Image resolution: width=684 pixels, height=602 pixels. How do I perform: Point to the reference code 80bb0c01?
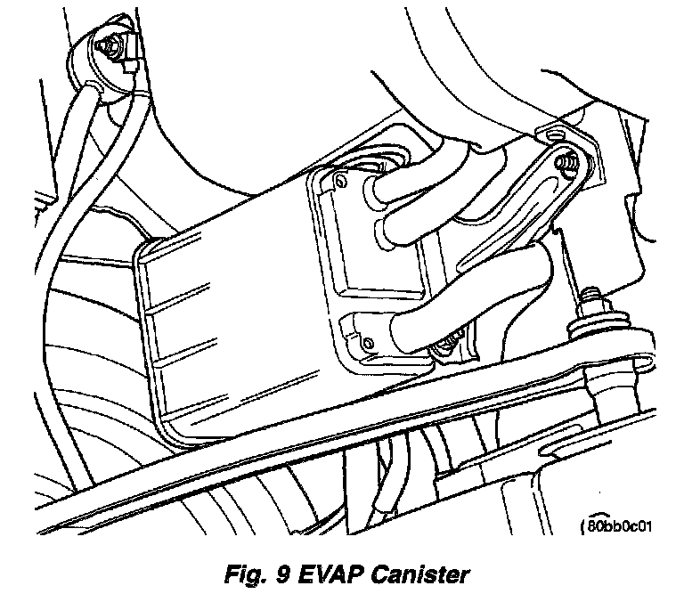(618, 525)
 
